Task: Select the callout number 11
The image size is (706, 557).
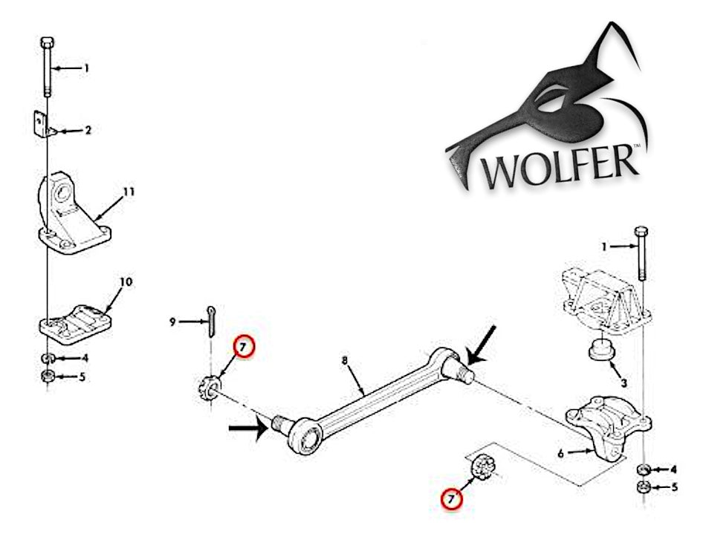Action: [x=129, y=192]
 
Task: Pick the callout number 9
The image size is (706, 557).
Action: [x=172, y=322]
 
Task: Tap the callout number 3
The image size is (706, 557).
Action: [x=624, y=383]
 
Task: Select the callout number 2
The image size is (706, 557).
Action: [x=88, y=131]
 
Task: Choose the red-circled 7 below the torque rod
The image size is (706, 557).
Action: [x=450, y=499]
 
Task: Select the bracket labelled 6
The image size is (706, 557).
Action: [x=603, y=427]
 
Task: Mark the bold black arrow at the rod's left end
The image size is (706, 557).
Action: [x=248, y=429]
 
